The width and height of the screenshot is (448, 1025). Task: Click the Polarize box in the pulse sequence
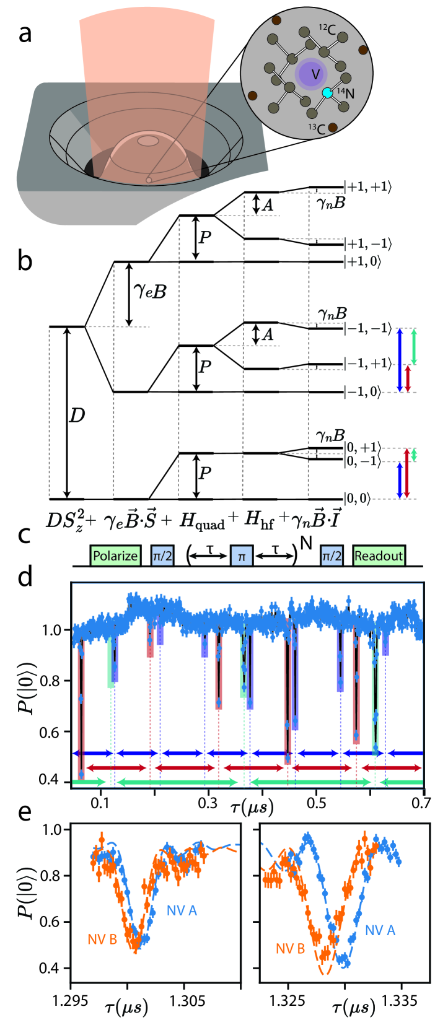[x=115, y=556]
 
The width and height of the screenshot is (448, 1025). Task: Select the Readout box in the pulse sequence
[x=379, y=556]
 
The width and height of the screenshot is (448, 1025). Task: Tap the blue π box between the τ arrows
[x=241, y=556]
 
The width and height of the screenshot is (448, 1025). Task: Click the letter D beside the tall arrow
[x=77, y=416]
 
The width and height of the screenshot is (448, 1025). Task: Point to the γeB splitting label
[x=150, y=290]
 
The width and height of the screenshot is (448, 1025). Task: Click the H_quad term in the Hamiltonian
[x=202, y=521]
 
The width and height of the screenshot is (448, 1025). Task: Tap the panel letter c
[x=25, y=533]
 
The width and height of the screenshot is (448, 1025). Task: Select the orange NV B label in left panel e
[x=102, y=939]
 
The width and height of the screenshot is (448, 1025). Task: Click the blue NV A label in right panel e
[x=380, y=930]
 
